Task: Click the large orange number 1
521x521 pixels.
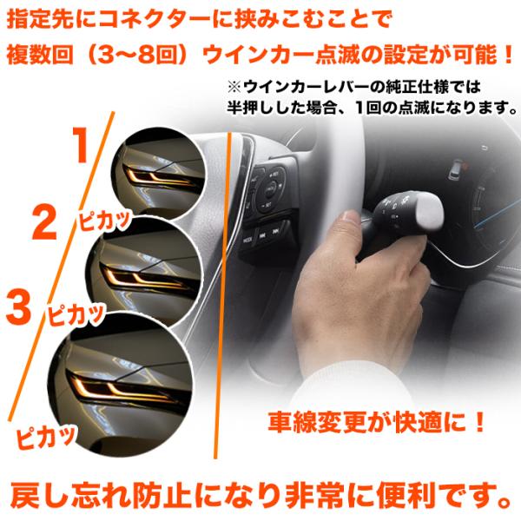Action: (x=81, y=145)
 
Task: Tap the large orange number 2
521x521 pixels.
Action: (x=44, y=222)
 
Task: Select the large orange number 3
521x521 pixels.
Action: (x=18, y=307)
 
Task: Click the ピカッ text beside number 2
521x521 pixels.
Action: (x=103, y=220)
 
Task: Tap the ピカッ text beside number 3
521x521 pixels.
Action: (x=76, y=314)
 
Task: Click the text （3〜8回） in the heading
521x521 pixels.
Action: (x=137, y=56)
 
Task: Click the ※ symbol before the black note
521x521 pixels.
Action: (x=234, y=87)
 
